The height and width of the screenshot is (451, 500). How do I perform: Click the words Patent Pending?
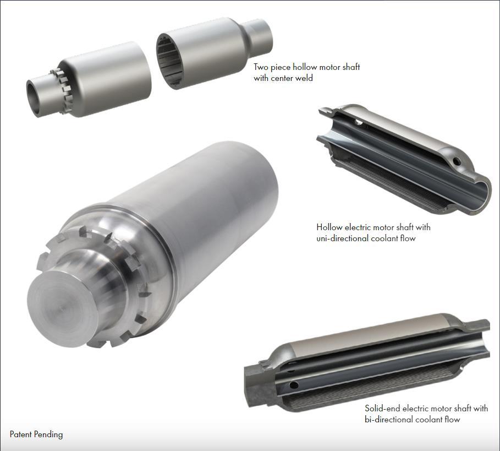click(x=36, y=434)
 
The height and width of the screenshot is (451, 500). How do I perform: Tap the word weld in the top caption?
click(x=302, y=78)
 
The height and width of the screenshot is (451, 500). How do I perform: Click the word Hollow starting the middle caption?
click(x=329, y=227)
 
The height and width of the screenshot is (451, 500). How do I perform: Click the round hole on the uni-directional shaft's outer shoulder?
click(x=455, y=162)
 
